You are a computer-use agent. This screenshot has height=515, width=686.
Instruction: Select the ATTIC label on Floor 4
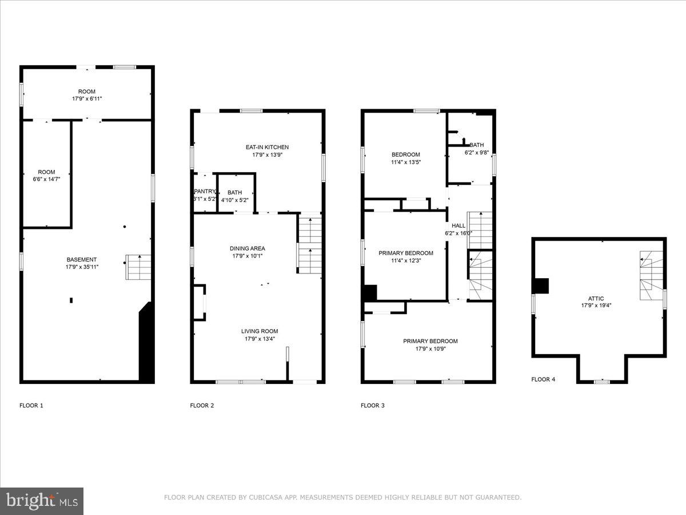[596, 298]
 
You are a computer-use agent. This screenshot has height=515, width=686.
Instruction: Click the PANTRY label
[205, 192]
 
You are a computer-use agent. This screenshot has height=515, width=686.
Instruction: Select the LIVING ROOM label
[259, 331]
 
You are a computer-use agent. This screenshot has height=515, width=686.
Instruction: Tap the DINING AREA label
[248, 248]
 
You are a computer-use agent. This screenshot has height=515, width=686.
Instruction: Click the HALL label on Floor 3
[458, 225]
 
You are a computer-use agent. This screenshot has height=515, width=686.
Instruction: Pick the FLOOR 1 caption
[31, 406]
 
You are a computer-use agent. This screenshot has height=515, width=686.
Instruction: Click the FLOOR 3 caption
[372, 406]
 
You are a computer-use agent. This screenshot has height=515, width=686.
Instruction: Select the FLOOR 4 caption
[543, 379]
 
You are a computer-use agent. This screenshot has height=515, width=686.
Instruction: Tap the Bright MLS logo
[42, 501]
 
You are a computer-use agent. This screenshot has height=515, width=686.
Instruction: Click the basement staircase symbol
[138, 267]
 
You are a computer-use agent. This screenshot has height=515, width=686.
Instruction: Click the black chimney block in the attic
[540, 286]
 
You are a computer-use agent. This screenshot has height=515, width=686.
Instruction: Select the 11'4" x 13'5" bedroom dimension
[405, 162]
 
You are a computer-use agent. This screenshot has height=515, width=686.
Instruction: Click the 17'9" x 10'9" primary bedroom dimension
[430, 348]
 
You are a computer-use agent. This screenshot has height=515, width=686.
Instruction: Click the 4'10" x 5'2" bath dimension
[234, 200]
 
